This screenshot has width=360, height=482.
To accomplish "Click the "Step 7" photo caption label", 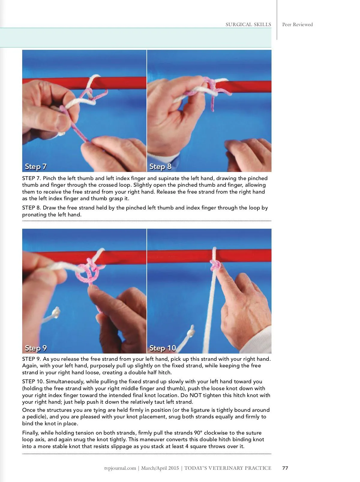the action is (x=36, y=167).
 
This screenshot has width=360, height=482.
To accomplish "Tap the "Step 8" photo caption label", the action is (x=160, y=167).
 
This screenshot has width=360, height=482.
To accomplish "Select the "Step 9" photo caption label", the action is (x=36, y=348).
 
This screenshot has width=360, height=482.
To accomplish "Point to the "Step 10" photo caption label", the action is (x=163, y=348).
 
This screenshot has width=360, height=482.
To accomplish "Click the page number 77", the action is (x=285, y=468).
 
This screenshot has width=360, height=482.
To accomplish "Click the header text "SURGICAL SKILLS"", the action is (x=248, y=24).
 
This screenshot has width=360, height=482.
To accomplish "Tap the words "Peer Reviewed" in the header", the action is (x=297, y=24).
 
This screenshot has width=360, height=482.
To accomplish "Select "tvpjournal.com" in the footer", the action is (x=120, y=468).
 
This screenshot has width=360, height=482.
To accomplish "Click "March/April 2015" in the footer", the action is (x=160, y=468).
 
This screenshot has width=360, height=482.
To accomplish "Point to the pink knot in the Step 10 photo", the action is (x=215, y=266).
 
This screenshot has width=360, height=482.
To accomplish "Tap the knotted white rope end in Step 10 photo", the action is (x=191, y=331).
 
